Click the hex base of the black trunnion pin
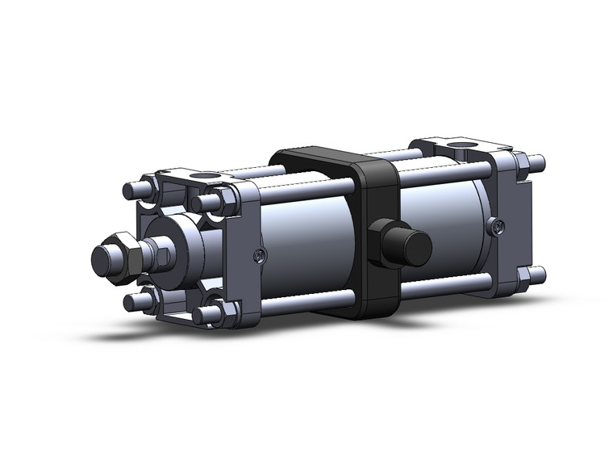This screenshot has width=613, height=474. pos(382,242)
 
